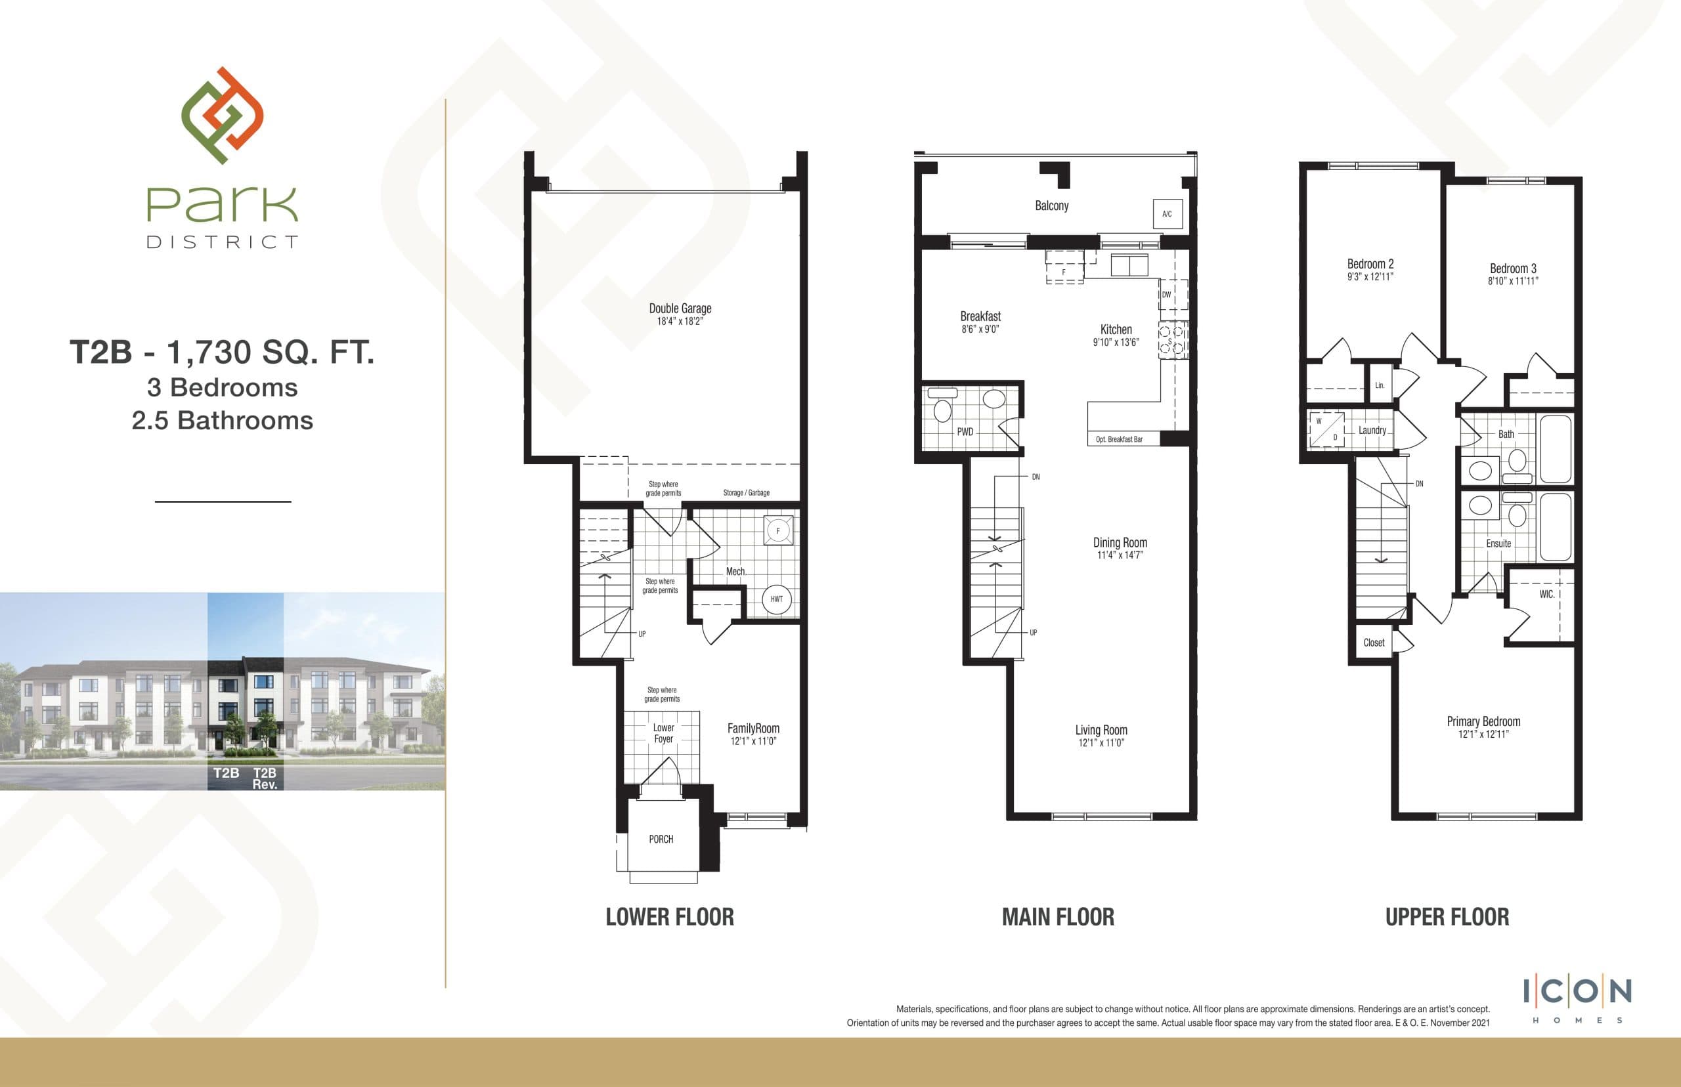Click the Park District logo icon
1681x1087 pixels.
(223, 116)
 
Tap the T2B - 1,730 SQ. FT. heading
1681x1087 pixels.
(222, 352)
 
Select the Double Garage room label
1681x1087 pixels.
(680, 309)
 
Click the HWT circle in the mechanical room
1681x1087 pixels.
(776, 599)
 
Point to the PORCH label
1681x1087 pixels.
(661, 840)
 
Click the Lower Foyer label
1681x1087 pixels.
(663, 733)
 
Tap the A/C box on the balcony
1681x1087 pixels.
(1166, 214)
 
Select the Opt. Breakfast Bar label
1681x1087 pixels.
(1119, 439)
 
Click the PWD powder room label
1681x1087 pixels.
(965, 432)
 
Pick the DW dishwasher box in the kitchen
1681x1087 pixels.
(1166, 295)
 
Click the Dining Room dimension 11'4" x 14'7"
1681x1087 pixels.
(1120, 555)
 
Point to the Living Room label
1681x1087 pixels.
(1101, 730)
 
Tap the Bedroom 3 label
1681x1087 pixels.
(1513, 268)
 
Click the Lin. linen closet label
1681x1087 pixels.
(1380, 385)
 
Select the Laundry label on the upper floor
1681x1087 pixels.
(1372, 430)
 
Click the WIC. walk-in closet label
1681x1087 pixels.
(1546, 594)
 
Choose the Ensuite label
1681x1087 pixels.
(1498, 543)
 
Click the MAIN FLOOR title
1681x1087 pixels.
(1058, 917)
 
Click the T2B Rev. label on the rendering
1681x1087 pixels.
(264, 778)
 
